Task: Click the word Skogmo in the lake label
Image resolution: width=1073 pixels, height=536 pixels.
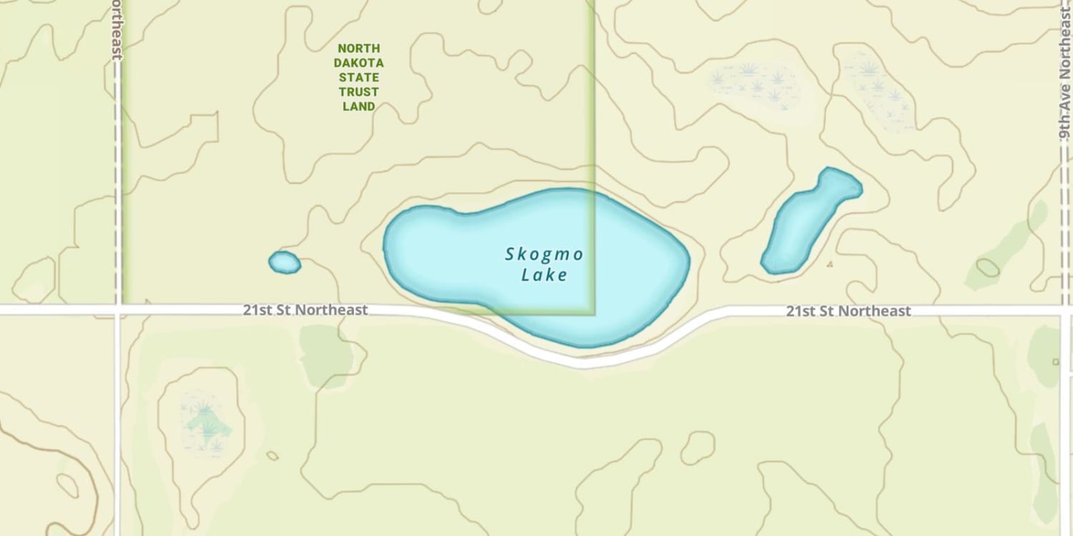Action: coord(544,254)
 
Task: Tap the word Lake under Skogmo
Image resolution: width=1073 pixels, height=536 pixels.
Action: coord(544,275)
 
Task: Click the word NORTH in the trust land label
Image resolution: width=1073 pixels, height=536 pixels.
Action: coord(358,49)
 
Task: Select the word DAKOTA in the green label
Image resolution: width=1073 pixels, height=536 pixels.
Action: coord(358,63)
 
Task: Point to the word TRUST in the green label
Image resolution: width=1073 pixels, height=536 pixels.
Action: coord(358,92)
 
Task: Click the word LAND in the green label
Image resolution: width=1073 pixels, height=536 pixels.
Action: coord(358,106)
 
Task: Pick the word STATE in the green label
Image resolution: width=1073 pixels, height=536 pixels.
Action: coord(358,77)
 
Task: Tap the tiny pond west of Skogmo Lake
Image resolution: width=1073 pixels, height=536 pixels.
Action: coord(284,262)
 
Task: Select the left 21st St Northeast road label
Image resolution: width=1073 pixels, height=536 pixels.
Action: coord(305,310)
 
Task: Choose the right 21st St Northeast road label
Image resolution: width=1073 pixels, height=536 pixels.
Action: coord(848,311)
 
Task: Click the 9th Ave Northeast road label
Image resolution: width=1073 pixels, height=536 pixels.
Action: coord(1065,79)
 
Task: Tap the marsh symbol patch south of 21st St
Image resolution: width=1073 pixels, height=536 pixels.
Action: coord(205,422)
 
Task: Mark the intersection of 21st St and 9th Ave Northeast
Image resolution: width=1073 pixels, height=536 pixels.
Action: coord(1065,311)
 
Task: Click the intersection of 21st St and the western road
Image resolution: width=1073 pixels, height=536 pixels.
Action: coord(118,310)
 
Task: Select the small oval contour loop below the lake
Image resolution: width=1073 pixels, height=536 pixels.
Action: coord(697,448)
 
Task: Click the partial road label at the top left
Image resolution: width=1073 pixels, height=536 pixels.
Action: coord(117,29)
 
